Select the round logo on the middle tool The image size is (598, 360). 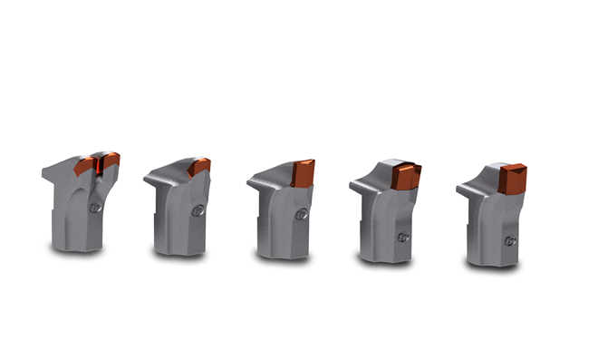pos(301,217)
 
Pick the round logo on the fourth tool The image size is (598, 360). pos(403,237)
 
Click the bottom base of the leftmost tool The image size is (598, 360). pos(76,243)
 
